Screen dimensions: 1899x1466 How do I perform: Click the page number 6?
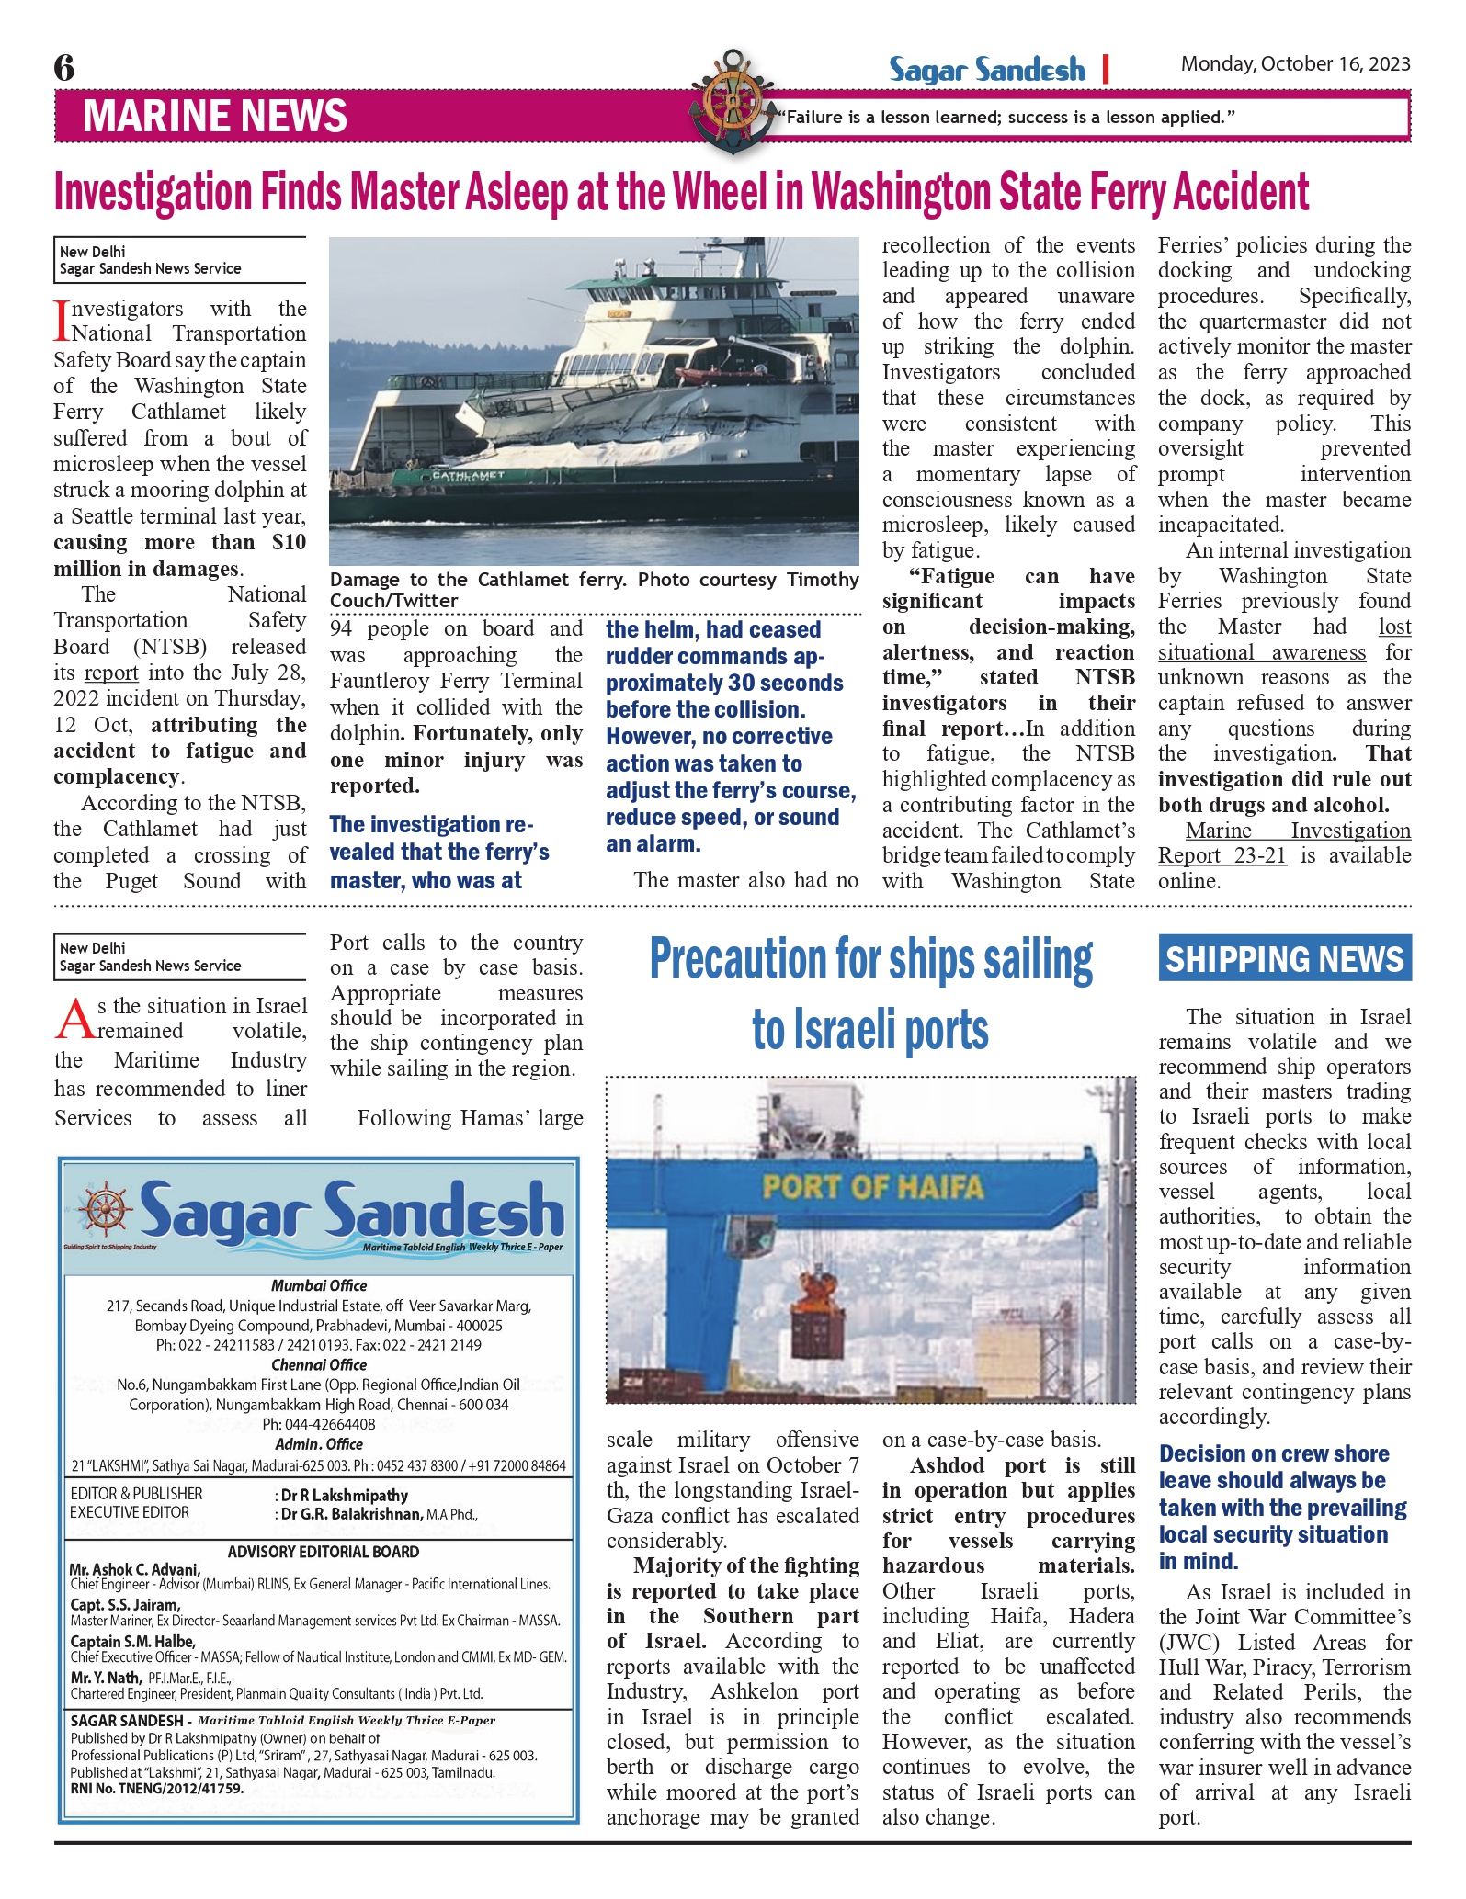pos(64,68)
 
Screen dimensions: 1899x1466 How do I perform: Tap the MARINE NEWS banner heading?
pos(214,117)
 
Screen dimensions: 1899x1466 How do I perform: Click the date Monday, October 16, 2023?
pos(1295,64)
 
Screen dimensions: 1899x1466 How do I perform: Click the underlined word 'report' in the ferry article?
pos(111,673)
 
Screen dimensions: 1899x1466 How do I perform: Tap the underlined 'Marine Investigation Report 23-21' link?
pos(1284,843)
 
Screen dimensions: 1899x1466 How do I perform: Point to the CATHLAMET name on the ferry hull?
pos(468,476)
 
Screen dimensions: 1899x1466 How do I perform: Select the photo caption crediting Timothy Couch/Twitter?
pos(594,590)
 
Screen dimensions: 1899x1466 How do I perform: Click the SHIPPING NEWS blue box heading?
pos(1284,959)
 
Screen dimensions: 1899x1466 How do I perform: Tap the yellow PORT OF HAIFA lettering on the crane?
pos(872,1186)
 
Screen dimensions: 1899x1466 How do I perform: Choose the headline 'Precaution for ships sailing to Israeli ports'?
pos(870,994)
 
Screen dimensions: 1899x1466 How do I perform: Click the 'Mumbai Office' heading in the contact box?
pos(319,1285)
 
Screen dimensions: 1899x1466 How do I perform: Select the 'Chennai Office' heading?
pos(319,1364)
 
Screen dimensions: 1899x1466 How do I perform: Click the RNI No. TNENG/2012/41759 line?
pos(157,1789)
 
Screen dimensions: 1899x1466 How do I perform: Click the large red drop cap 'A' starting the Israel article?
pos(74,1019)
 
